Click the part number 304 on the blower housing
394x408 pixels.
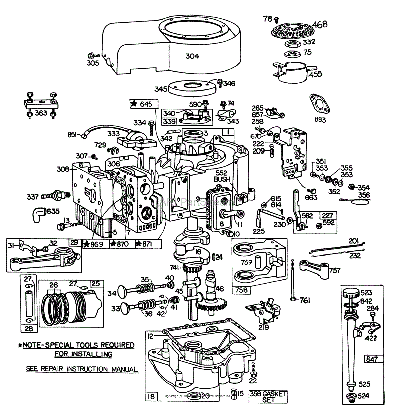[x=192, y=56]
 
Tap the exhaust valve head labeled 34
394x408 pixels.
[x=122, y=293]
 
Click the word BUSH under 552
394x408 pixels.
[x=222, y=179]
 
